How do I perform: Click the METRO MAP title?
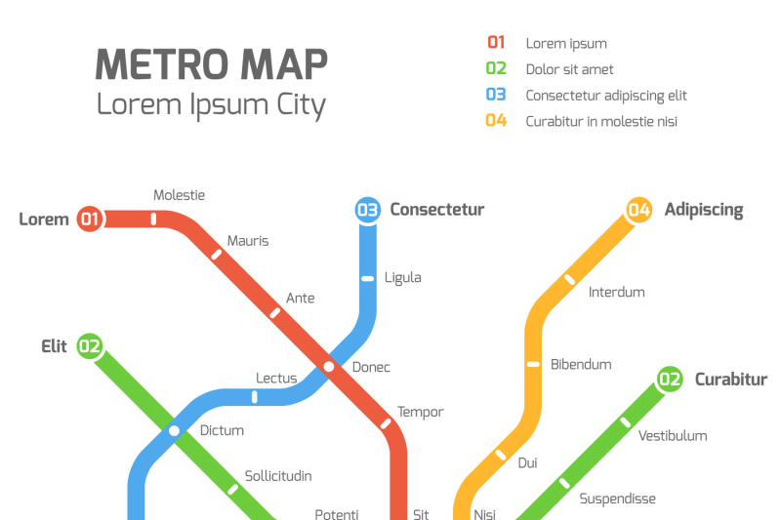tap(211, 64)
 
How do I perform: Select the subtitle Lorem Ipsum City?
tap(211, 104)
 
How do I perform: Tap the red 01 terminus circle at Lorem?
tap(90, 219)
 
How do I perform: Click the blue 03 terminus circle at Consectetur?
tap(367, 210)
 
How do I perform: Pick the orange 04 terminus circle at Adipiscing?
tap(639, 210)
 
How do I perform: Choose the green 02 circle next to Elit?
tap(90, 345)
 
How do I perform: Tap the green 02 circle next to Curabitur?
tap(670, 380)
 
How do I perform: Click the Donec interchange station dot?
tap(329, 367)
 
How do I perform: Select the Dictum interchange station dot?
tap(175, 430)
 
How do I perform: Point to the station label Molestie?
tap(179, 195)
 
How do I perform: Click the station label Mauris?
tap(248, 241)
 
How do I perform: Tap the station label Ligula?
tap(403, 277)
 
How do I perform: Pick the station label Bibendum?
tap(581, 364)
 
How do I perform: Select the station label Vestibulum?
tap(673, 436)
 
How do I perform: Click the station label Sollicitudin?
tap(278, 476)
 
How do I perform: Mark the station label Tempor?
tap(420, 412)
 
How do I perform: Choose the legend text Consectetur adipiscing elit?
tap(606, 96)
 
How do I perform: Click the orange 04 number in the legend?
tap(496, 121)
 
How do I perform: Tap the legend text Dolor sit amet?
tap(569, 69)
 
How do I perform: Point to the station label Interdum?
tap(616, 292)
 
